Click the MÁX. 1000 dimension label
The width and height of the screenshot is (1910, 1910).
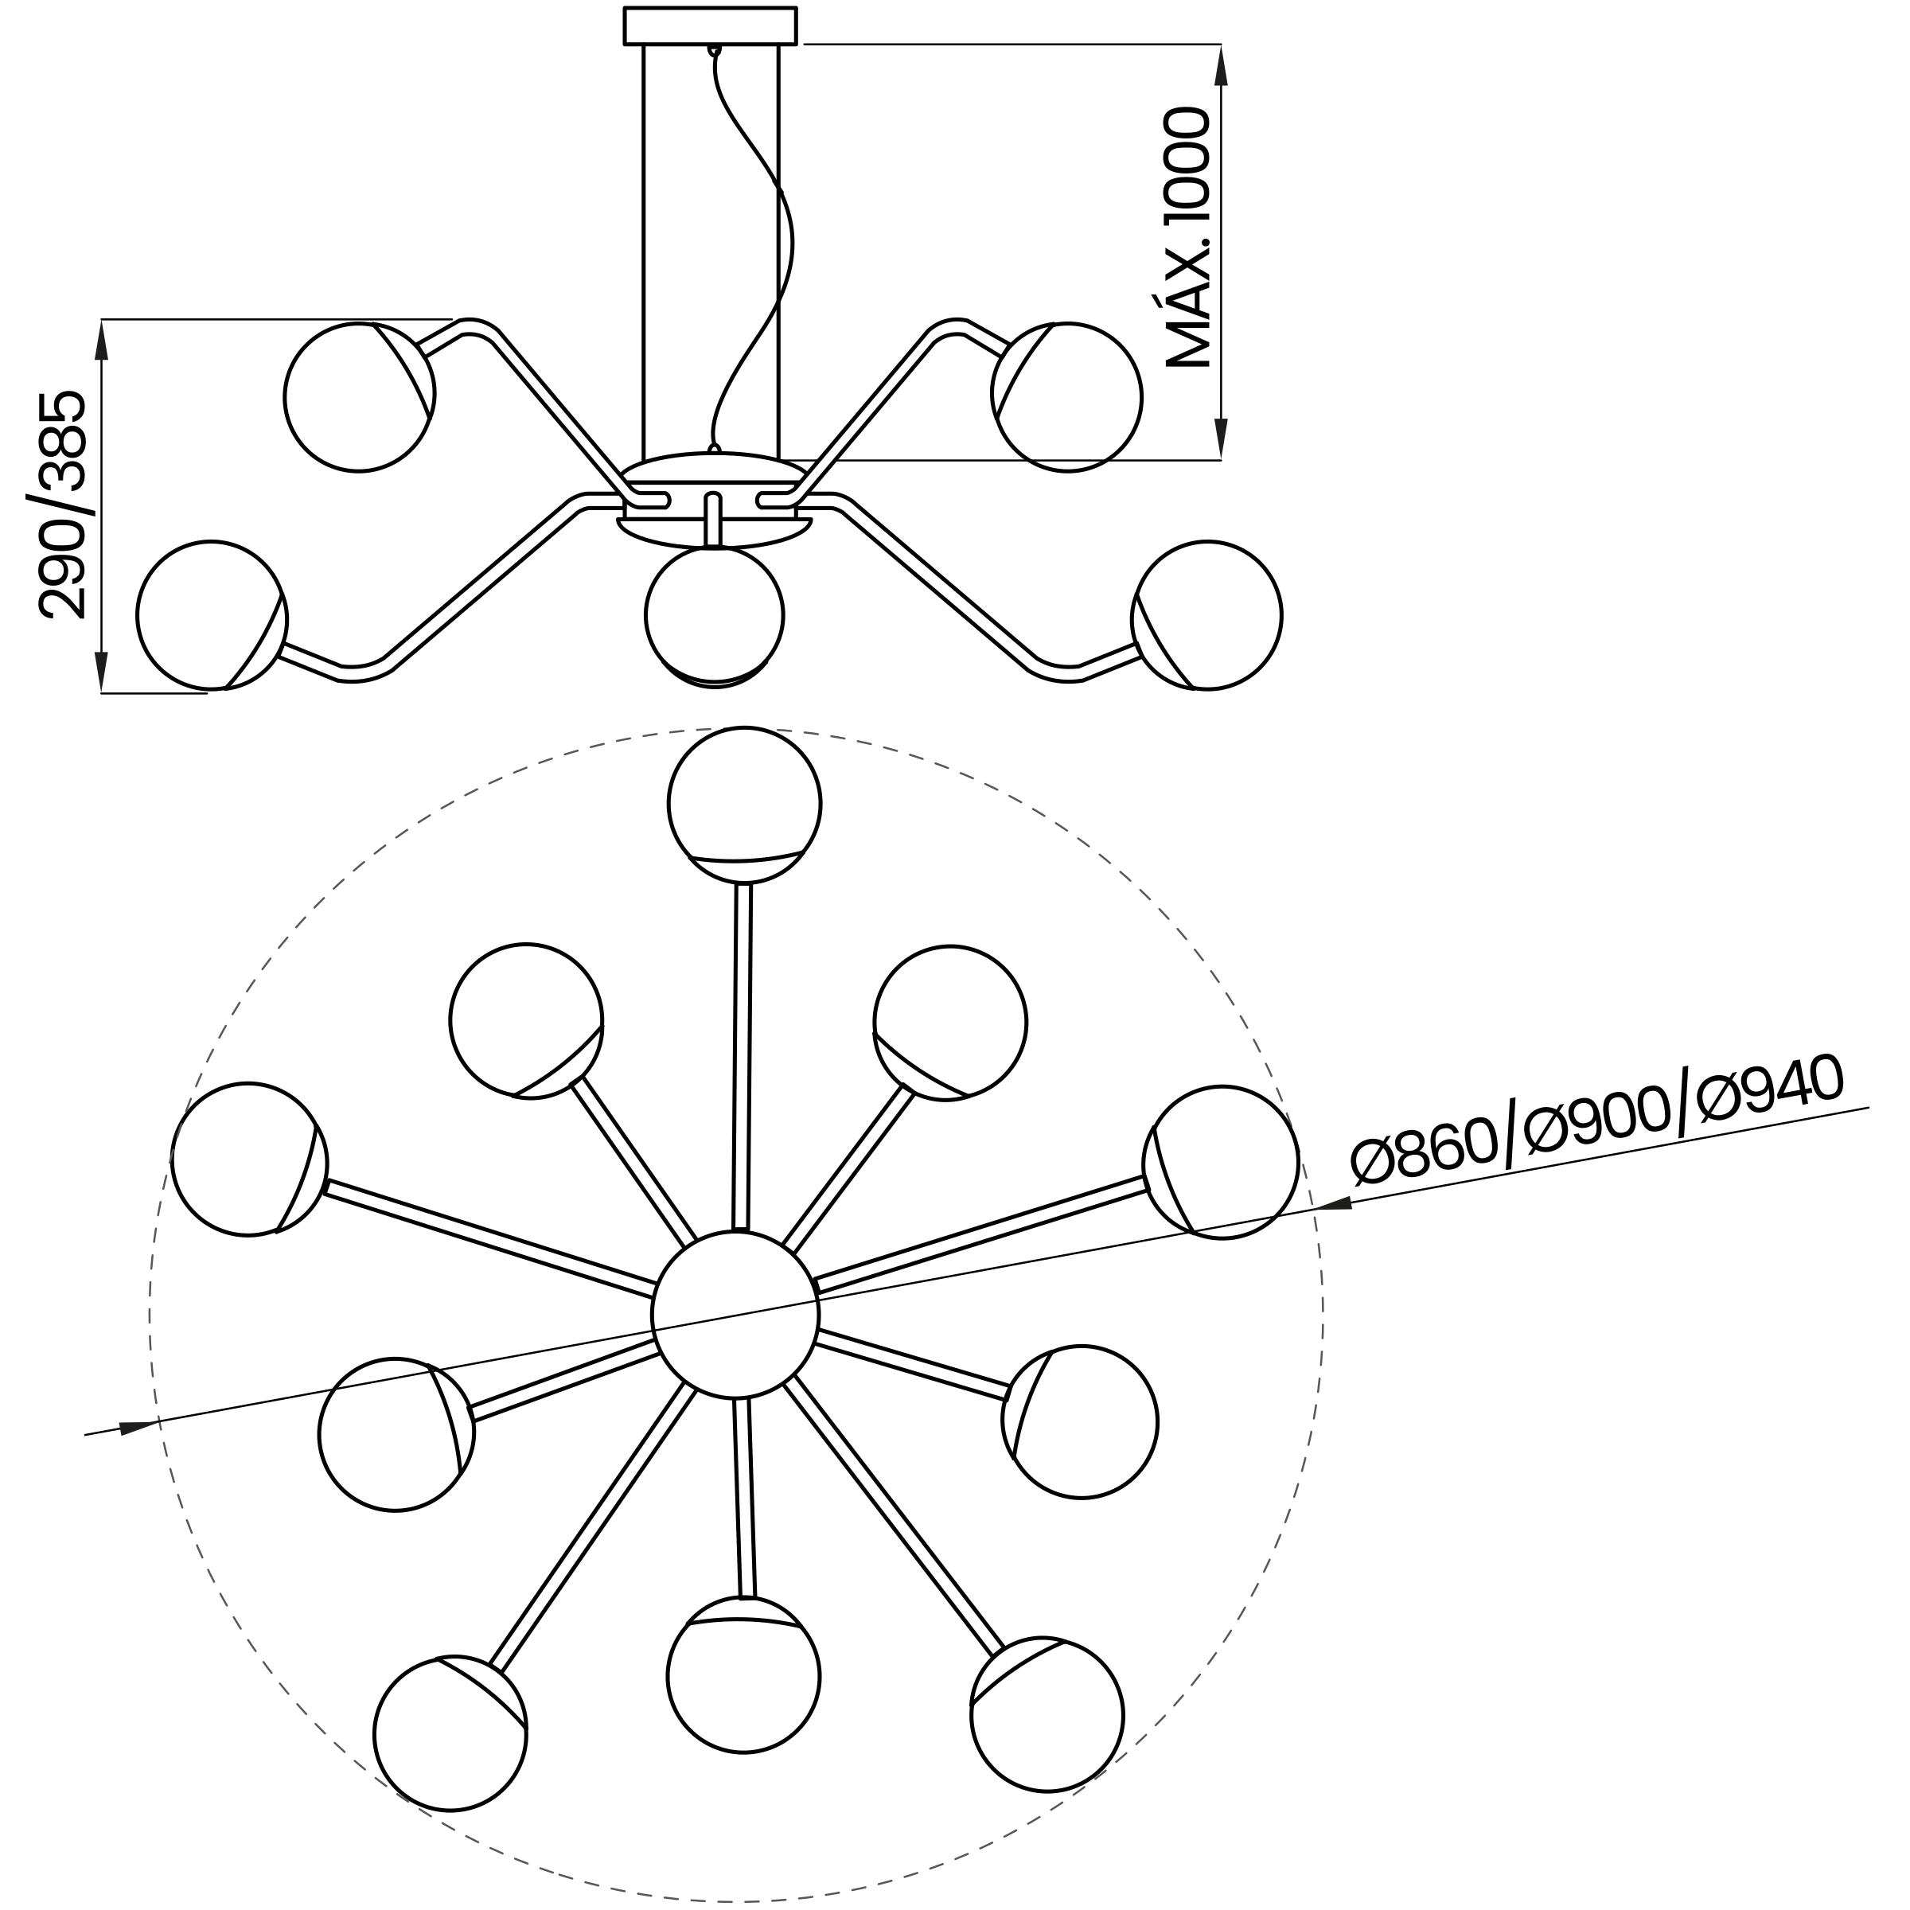pos(1189,237)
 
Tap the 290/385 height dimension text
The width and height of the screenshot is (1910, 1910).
pos(62,505)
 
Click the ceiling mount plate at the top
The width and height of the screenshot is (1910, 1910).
pos(710,25)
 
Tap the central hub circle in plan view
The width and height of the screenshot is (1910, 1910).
pos(735,1315)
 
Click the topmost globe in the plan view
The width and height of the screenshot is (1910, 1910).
pos(744,805)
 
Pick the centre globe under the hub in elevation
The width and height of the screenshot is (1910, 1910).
pos(715,616)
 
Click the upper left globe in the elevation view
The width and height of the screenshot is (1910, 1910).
pos(359,396)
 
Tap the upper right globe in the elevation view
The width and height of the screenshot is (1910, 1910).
pos(1066,396)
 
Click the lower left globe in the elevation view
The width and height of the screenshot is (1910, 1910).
pos(212,615)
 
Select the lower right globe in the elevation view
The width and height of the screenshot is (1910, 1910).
pos(1207,615)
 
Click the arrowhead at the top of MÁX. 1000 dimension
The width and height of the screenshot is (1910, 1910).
pos(1221,65)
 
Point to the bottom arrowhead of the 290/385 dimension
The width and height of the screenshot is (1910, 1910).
pos(101,672)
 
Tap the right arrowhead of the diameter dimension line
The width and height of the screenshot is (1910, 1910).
pos(1333,1203)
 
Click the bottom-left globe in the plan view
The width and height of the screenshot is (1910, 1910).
pos(450,1733)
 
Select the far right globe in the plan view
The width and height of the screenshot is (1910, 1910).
pos(1221,1162)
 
